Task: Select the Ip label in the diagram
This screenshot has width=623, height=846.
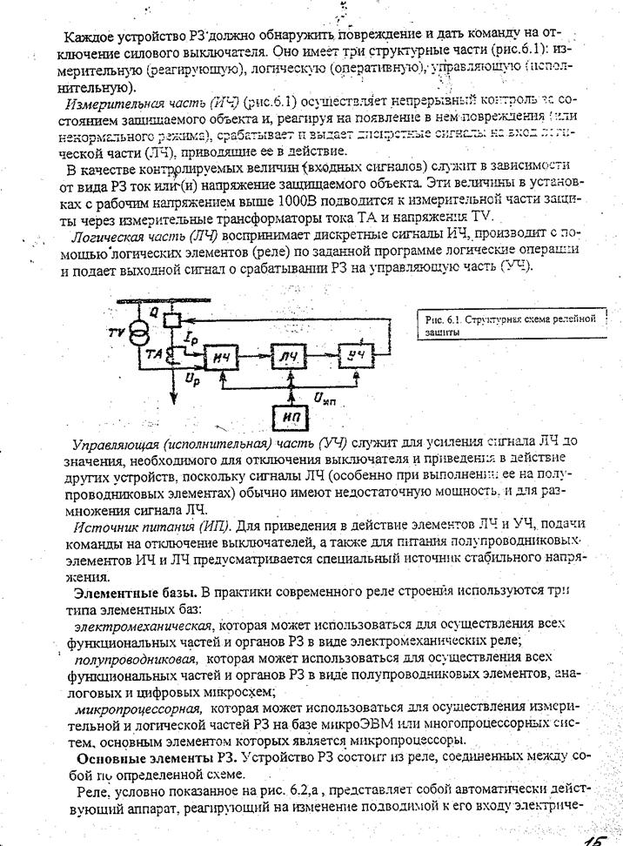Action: (193, 335)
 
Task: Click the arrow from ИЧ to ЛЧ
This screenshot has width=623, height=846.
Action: (258, 356)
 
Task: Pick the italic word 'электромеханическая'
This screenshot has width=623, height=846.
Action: (143, 625)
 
